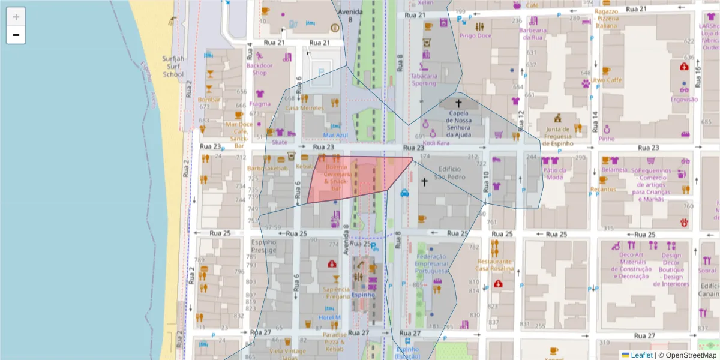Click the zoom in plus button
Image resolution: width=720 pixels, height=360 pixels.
(x=16, y=17)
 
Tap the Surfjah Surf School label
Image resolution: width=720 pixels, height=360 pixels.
(x=173, y=67)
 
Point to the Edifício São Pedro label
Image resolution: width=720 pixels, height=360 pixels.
(x=452, y=173)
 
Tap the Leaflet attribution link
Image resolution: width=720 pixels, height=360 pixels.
(x=641, y=355)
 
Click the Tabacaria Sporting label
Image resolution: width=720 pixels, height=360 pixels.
(x=424, y=80)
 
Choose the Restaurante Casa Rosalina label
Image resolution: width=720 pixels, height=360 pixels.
(x=495, y=265)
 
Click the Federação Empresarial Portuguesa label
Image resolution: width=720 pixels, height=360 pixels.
(x=431, y=263)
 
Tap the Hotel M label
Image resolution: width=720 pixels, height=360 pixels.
(x=329, y=317)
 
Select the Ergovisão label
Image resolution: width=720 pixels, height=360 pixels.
(x=683, y=100)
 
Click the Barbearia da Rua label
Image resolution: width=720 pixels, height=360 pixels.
(x=532, y=34)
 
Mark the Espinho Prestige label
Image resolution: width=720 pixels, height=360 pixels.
(x=263, y=245)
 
